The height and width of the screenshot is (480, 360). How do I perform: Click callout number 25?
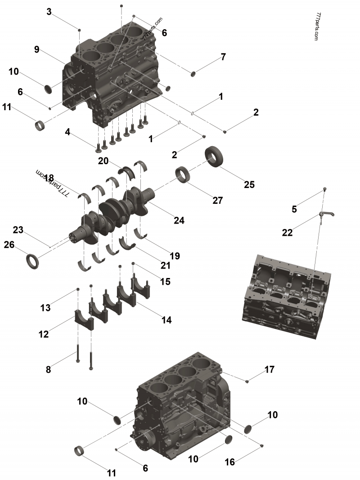[249, 184]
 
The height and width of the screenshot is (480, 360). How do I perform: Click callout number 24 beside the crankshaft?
[179, 220]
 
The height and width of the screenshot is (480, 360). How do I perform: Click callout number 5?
[294, 209]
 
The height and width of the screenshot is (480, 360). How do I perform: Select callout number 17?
[269, 369]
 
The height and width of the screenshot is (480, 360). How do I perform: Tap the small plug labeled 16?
[262, 445]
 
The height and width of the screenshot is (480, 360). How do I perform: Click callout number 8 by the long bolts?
[49, 370]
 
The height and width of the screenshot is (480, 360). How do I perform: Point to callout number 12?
[43, 334]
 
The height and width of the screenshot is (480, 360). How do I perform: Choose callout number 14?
[166, 320]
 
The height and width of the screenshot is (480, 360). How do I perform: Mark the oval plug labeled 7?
[194, 73]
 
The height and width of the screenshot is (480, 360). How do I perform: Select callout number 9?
[37, 49]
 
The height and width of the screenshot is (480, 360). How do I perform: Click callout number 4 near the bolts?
[67, 132]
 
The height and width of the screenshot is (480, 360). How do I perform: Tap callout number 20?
[103, 161]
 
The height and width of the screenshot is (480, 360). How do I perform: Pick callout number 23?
[18, 230]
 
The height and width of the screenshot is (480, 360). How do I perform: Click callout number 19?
[175, 256]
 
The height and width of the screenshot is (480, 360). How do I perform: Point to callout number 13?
[45, 308]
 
